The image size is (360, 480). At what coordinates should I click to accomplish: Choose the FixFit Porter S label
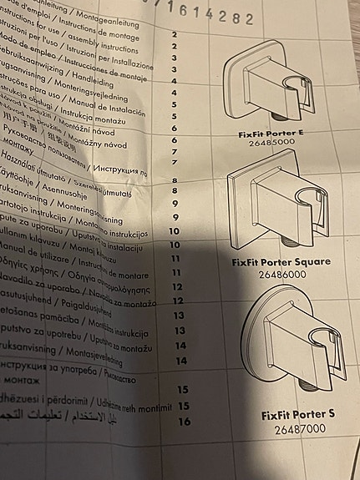[298, 413]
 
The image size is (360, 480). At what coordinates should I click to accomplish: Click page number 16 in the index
[185, 421]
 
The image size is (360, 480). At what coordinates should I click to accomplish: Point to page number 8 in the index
[175, 180]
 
